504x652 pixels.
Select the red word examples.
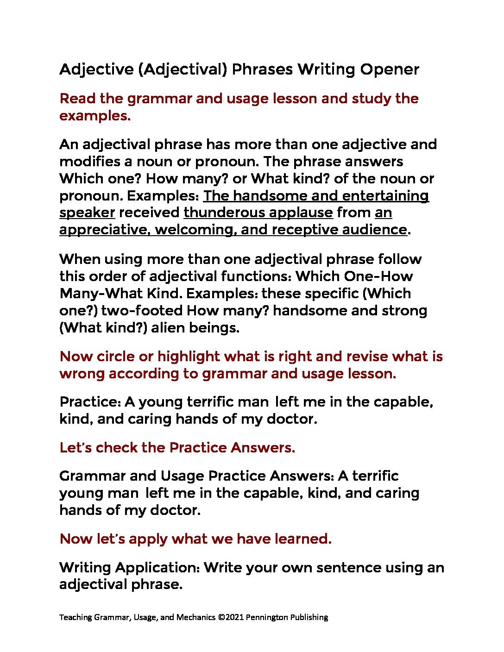coord(94,116)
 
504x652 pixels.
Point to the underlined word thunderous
coord(220,213)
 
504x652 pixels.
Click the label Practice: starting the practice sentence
coord(90,402)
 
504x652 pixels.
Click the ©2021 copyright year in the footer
coord(230,617)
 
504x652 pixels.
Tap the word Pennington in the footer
coord(267,617)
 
